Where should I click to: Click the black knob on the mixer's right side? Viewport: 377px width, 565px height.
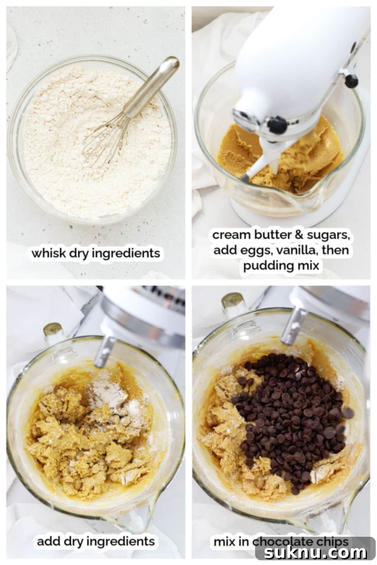(x=351, y=81)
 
